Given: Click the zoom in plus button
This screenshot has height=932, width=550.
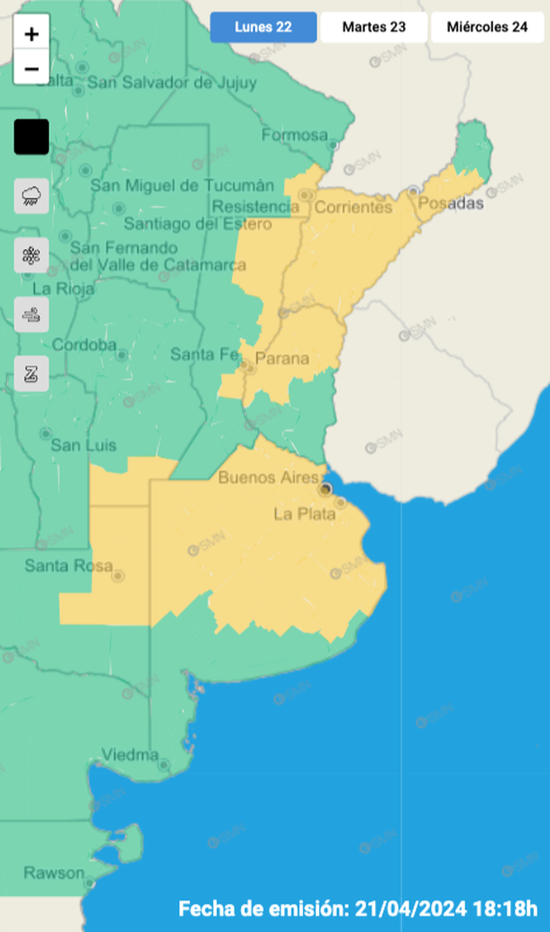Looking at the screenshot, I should click(x=32, y=34).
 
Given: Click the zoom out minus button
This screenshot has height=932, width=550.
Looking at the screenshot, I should click(x=32, y=68).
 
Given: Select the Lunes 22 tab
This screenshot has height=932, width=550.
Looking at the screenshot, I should click(x=263, y=27).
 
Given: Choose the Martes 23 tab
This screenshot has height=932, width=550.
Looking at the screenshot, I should click(x=373, y=27).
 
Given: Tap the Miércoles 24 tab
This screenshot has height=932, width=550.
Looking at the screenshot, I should click(x=487, y=27).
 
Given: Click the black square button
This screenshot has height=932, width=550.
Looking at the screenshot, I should click(x=32, y=137).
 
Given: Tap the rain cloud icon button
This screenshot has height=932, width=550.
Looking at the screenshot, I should click(x=32, y=195).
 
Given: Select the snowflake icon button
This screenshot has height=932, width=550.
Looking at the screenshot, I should click(x=32, y=255).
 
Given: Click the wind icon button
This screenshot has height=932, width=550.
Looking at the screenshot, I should click(x=32, y=315).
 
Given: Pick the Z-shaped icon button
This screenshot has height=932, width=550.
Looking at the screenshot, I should click(x=32, y=374).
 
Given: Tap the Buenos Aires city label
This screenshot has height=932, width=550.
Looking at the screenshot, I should click(x=269, y=478).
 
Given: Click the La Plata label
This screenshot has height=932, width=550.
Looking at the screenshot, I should click(x=305, y=514).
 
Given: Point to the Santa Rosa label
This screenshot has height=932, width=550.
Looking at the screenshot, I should click(x=69, y=566).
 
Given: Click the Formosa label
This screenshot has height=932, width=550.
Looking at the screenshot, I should click(x=295, y=135).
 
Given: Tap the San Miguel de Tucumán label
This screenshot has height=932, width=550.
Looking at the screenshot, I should click(x=182, y=186).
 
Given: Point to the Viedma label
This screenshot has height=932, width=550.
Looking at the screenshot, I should click(x=130, y=754).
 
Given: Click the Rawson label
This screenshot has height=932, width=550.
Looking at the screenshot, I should click(x=54, y=873).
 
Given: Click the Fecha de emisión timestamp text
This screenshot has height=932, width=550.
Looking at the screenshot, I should click(x=358, y=908).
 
